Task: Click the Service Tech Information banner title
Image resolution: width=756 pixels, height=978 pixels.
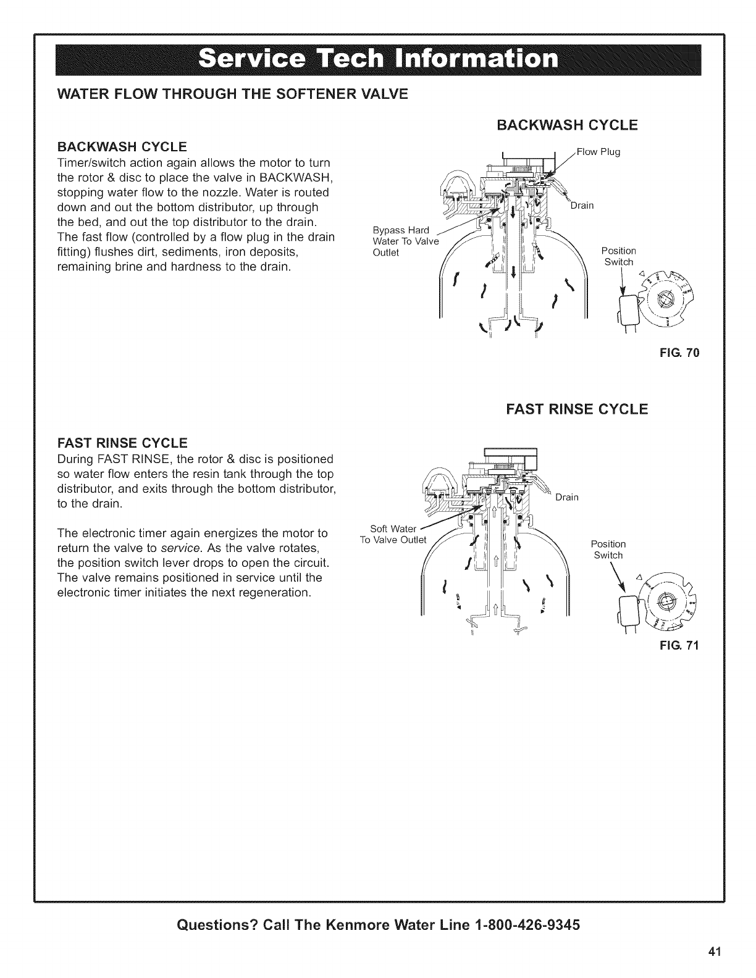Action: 378,60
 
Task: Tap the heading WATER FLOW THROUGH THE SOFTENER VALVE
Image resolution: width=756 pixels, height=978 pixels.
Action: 232,94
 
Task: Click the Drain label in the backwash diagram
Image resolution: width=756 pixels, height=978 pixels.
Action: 582,206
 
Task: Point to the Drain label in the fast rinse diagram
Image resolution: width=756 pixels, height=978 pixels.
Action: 566,498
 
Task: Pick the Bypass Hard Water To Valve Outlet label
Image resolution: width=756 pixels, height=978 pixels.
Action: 405,241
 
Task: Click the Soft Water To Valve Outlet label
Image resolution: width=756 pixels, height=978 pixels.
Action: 393,533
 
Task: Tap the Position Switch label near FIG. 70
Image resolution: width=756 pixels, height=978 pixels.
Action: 618,256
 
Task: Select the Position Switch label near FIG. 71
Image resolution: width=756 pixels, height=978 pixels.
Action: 608,549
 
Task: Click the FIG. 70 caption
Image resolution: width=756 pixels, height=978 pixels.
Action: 683,354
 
